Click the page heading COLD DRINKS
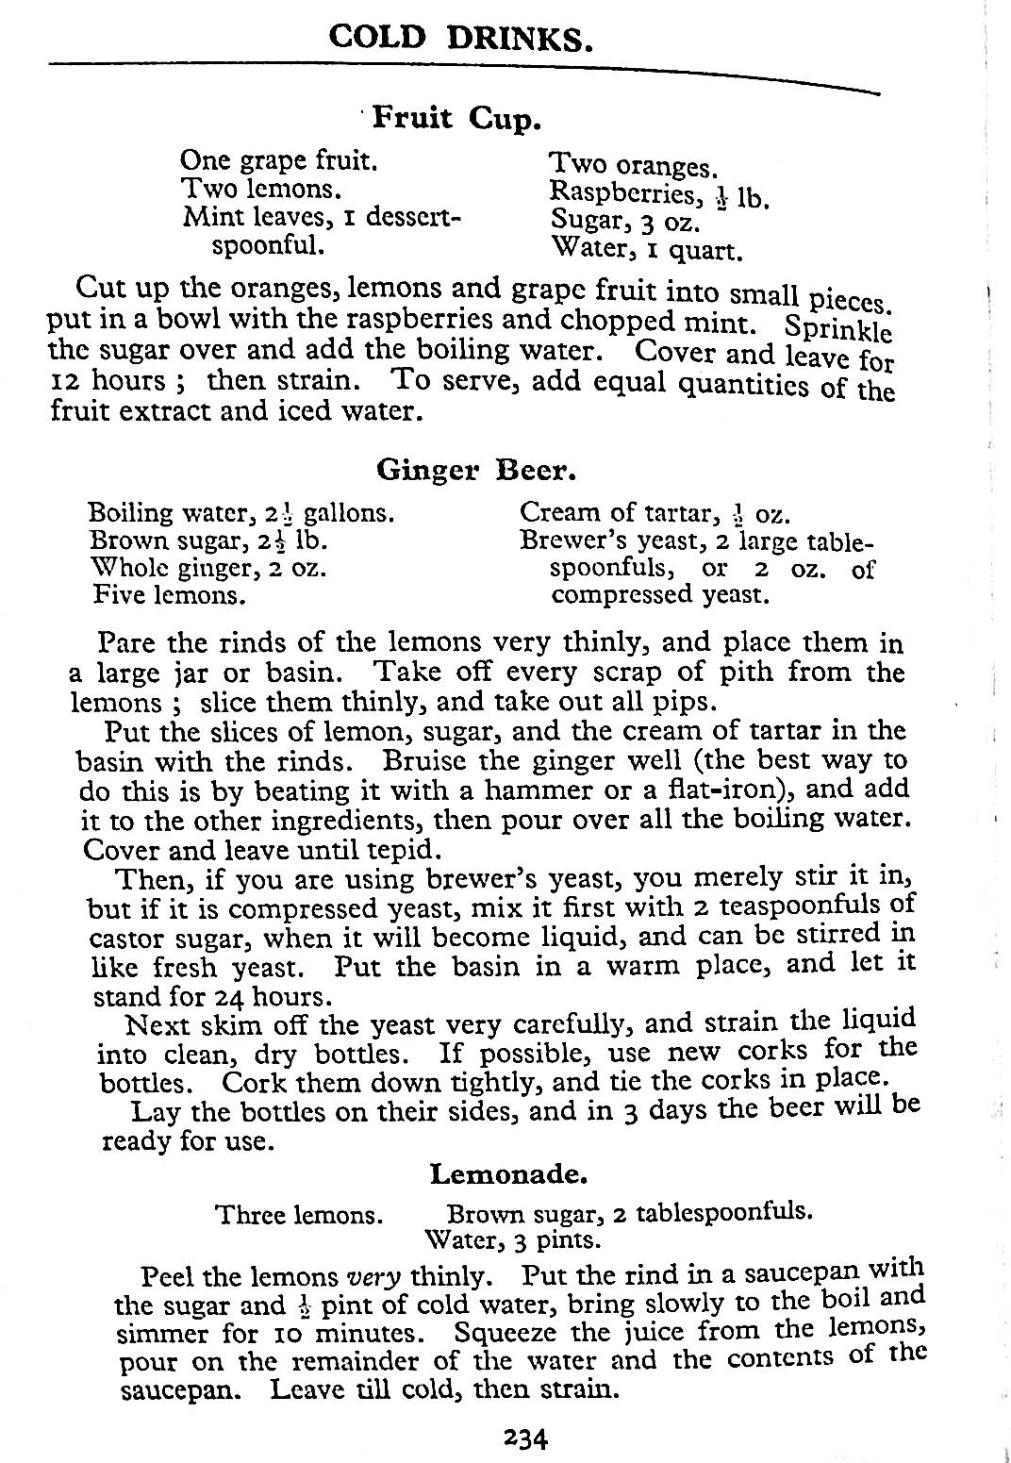[461, 37]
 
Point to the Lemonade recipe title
[509, 1174]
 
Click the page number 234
[525, 1438]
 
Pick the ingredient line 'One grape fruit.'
[279, 160]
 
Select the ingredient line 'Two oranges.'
[633, 166]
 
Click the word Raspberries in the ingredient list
[622, 193]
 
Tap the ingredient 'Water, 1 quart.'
[647, 250]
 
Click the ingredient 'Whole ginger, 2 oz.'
[208, 569]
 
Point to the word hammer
[505, 790]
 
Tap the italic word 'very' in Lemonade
[374, 1277]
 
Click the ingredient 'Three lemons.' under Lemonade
[300, 1215]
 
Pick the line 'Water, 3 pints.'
[513, 1238]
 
